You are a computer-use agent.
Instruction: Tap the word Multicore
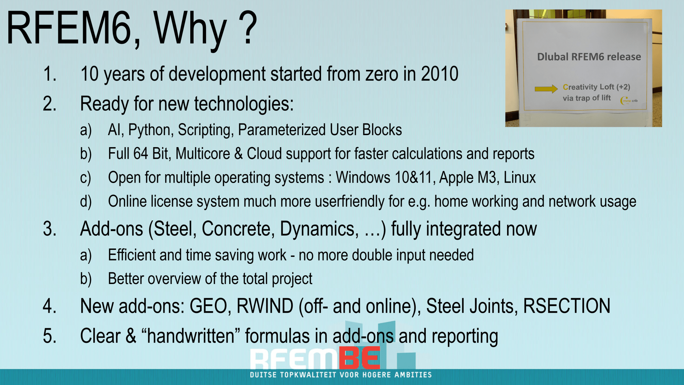click(203, 154)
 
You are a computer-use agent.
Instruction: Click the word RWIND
click(265, 306)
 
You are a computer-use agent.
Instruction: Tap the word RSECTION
click(567, 306)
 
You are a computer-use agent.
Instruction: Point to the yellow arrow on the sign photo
click(546, 89)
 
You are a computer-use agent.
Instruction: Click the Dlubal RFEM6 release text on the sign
click(589, 57)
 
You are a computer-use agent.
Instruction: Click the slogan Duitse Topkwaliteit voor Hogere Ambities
click(341, 375)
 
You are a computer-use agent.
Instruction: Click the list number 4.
click(50, 306)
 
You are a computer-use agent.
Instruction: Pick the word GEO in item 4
click(208, 306)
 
